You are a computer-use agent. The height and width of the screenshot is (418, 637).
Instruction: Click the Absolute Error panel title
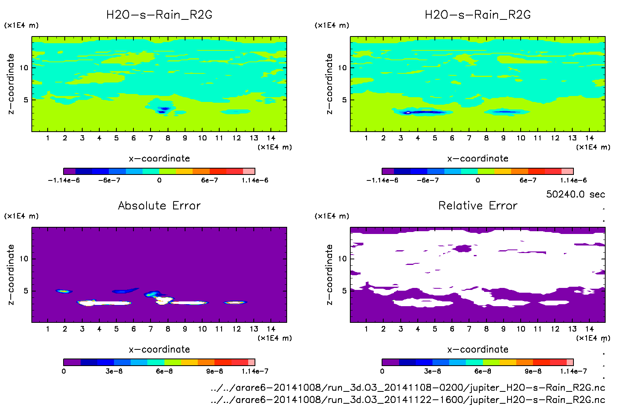159,205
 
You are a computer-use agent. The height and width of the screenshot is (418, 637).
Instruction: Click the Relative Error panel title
478,205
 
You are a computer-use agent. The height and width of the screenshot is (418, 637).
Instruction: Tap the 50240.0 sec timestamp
575,194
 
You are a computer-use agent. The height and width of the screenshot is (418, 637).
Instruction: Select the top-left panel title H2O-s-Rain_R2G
159,15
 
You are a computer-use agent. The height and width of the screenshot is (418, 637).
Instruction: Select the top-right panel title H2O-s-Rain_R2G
478,15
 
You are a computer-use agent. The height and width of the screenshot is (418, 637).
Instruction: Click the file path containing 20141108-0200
408,387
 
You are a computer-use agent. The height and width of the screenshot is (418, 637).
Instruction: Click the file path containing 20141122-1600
408,400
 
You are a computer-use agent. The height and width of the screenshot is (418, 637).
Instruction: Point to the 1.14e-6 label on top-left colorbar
255,180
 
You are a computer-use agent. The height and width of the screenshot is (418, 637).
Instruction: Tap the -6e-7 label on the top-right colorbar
428,180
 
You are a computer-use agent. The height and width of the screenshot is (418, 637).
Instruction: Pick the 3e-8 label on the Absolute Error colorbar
114,371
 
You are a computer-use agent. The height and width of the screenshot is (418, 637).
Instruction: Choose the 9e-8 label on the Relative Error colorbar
533,371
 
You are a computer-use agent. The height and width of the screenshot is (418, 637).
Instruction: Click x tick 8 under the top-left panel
168,138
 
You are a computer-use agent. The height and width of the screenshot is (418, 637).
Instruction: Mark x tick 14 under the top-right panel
589,138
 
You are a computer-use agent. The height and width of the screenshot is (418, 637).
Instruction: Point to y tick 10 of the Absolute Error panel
24,259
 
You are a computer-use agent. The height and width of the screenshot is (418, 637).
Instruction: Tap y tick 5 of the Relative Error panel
344,291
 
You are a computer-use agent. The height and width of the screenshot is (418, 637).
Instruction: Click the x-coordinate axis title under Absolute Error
159,349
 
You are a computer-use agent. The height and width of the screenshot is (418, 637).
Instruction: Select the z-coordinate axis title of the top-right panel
329,84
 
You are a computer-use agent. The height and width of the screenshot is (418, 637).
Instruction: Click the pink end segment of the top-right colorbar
568,171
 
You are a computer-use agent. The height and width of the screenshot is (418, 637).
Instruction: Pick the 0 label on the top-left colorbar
159,180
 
